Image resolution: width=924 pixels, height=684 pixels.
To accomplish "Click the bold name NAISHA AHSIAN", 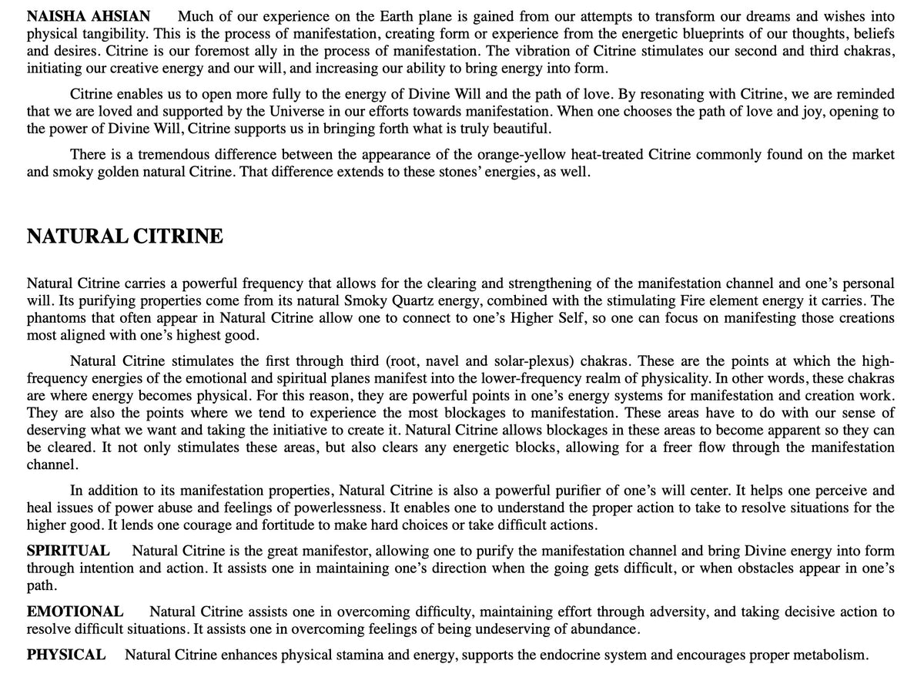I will point(89,16).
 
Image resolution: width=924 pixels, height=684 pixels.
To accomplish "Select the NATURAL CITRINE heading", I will point(125,236).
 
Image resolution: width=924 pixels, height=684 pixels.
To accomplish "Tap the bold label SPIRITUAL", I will point(68,551).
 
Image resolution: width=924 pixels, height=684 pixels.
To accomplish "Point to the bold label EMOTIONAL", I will point(75,612).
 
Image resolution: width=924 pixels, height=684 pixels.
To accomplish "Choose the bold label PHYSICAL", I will point(66,655).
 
